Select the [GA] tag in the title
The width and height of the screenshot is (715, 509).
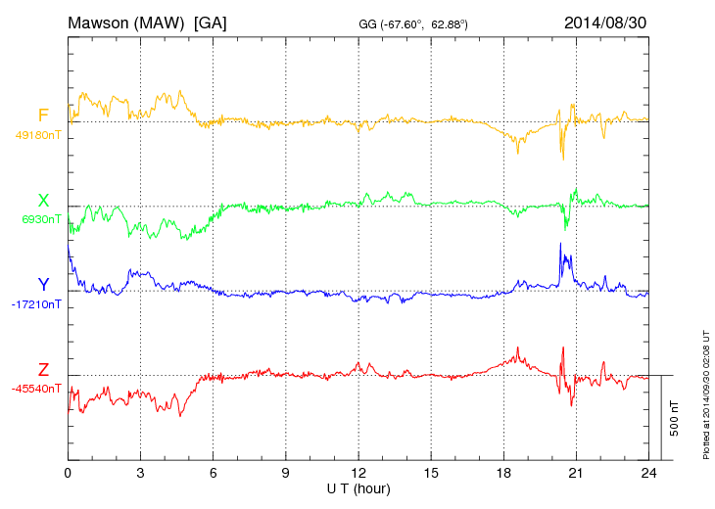pyautogui.click(x=211, y=22)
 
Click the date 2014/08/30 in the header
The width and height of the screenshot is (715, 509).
pyautogui.click(x=605, y=22)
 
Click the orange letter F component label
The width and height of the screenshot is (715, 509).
pyautogui.click(x=43, y=116)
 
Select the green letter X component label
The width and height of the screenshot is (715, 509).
pyautogui.click(x=43, y=201)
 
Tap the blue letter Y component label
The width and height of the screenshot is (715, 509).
pyautogui.click(x=43, y=285)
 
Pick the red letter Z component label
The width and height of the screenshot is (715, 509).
pyautogui.click(x=43, y=370)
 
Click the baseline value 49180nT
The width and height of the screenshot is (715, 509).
pyautogui.click(x=38, y=135)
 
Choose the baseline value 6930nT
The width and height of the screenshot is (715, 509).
pyautogui.click(x=41, y=219)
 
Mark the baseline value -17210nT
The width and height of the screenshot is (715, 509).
pyautogui.click(x=38, y=304)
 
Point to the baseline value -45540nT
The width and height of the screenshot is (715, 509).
pyautogui.click(x=38, y=389)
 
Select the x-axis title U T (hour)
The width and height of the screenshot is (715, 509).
pyautogui.click(x=358, y=488)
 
